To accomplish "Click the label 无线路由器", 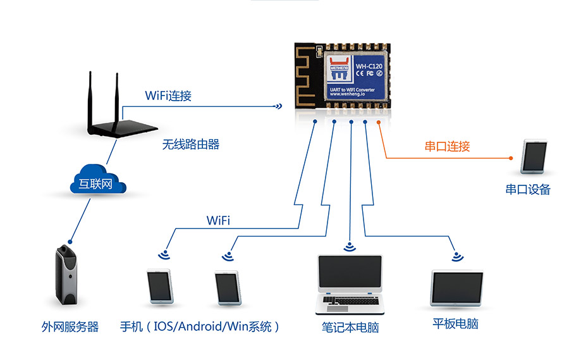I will [190, 144].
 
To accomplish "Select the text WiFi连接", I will [168, 96].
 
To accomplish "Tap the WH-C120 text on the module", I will [370, 65].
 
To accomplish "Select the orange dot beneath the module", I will [379, 122].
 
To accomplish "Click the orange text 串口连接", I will [447, 146].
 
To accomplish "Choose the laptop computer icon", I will [349, 285].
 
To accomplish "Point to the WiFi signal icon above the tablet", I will [456, 256].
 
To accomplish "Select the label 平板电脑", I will [455, 324].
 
